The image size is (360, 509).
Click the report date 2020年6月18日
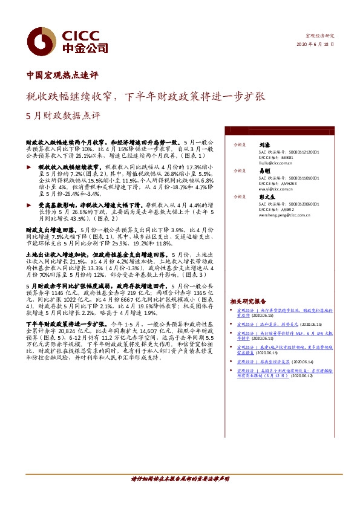click(315, 45)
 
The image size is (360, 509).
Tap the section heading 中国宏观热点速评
click(62, 76)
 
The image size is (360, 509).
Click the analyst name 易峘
click(264, 172)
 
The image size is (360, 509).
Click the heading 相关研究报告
click(248, 301)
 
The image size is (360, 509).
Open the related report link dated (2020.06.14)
click(284, 361)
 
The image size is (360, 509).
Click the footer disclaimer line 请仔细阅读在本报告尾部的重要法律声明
click(180, 479)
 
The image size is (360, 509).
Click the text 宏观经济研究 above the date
click(321, 36)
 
